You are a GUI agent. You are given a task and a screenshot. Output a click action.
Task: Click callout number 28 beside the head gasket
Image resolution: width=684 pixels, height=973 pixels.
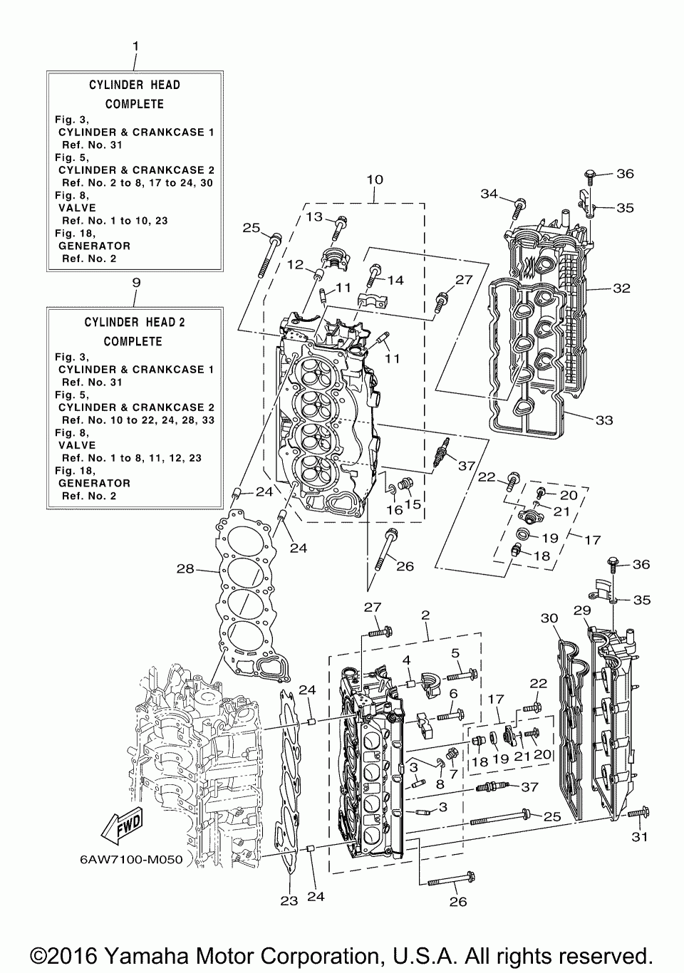point(185,569)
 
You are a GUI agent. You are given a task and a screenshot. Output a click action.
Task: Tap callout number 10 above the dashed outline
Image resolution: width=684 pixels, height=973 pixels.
point(375,179)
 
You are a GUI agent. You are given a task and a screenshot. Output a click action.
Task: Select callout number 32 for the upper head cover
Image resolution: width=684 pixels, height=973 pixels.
point(622,288)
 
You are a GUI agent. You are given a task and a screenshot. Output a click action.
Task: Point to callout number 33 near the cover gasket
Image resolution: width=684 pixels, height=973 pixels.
point(603,420)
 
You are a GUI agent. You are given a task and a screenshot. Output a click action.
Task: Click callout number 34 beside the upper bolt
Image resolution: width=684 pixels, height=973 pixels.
point(489,194)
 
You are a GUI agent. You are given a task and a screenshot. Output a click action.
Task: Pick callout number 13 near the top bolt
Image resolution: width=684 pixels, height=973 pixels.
point(313,217)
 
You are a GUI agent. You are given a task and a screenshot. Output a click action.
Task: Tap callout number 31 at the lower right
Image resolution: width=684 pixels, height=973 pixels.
point(640,836)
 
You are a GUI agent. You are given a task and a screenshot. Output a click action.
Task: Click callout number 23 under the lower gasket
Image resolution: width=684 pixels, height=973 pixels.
point(289,900)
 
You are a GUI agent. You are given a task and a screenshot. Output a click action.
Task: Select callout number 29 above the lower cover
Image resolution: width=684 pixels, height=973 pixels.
point(582,611)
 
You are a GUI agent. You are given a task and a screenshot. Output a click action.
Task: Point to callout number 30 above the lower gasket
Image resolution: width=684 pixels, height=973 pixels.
point(549,618)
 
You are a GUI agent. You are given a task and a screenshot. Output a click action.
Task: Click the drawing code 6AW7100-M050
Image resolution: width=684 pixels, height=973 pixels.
point(132,859)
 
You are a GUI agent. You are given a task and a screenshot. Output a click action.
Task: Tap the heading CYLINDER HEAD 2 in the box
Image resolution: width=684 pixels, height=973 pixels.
point(135,322)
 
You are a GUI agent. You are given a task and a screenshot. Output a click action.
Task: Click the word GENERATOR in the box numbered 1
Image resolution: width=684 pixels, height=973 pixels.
point(94,246)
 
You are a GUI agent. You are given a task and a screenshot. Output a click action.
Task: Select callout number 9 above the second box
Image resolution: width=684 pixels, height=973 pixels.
point(136,283)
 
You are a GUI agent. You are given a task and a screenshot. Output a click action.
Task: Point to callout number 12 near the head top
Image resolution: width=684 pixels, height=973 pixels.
point(296,265)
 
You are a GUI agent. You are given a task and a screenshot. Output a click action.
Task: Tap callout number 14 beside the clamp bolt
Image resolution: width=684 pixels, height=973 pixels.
point(394,280)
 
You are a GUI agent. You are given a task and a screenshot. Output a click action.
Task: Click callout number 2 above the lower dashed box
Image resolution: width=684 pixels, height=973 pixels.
point(425,615)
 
